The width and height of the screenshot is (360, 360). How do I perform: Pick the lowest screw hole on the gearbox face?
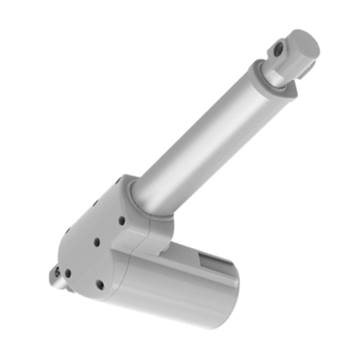pos(99,284)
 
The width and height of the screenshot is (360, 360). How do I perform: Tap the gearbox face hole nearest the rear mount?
pos(66,272)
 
